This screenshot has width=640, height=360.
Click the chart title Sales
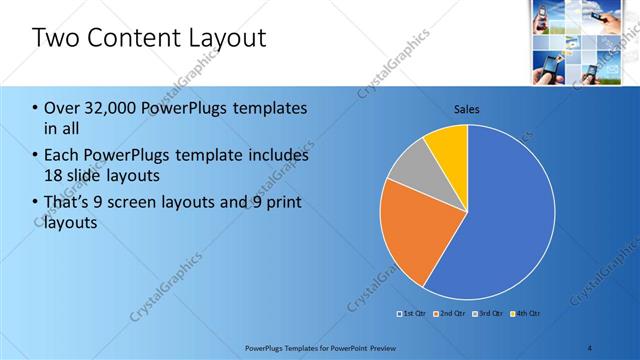click(467, 108)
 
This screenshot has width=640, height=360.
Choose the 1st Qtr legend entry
click(415, 314)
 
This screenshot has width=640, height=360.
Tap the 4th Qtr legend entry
click(527, 314)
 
